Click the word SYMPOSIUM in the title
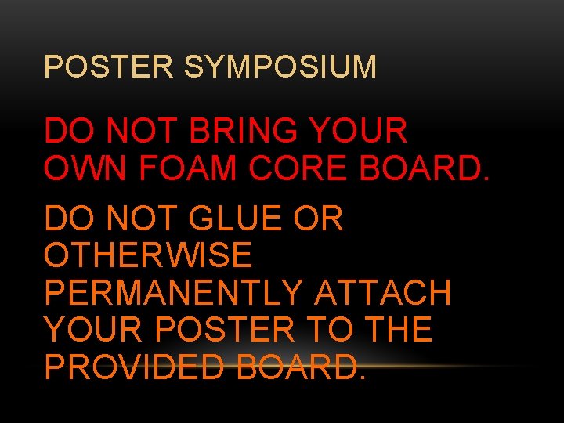click(280, 67)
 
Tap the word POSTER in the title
click(109, 67)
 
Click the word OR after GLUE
click(319, 219)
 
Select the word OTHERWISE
click(148, 255)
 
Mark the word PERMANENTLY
click(173, 292)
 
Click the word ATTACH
click(382, 292)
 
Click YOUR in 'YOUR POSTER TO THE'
click(95, 329)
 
